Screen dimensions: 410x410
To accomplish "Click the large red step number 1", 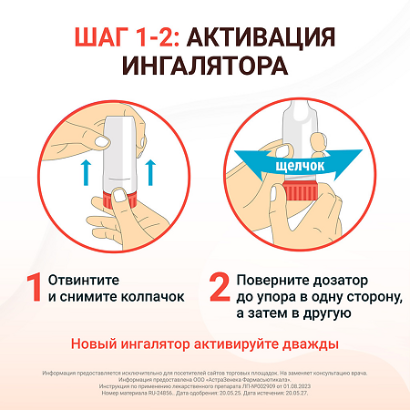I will click(x=33, y=286).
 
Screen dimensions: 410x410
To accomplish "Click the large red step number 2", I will click(x=219, y=286).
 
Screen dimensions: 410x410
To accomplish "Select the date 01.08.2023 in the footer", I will click(x=321, y=387).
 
